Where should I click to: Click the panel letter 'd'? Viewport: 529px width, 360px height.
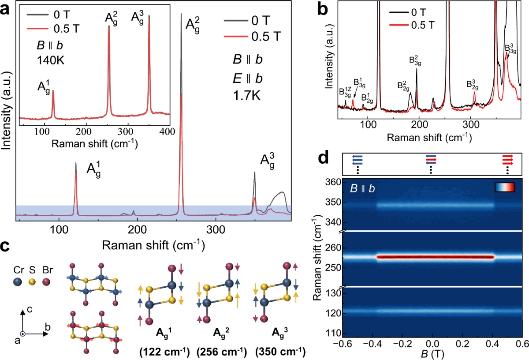325,157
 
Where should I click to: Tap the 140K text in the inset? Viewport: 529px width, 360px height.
51,60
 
